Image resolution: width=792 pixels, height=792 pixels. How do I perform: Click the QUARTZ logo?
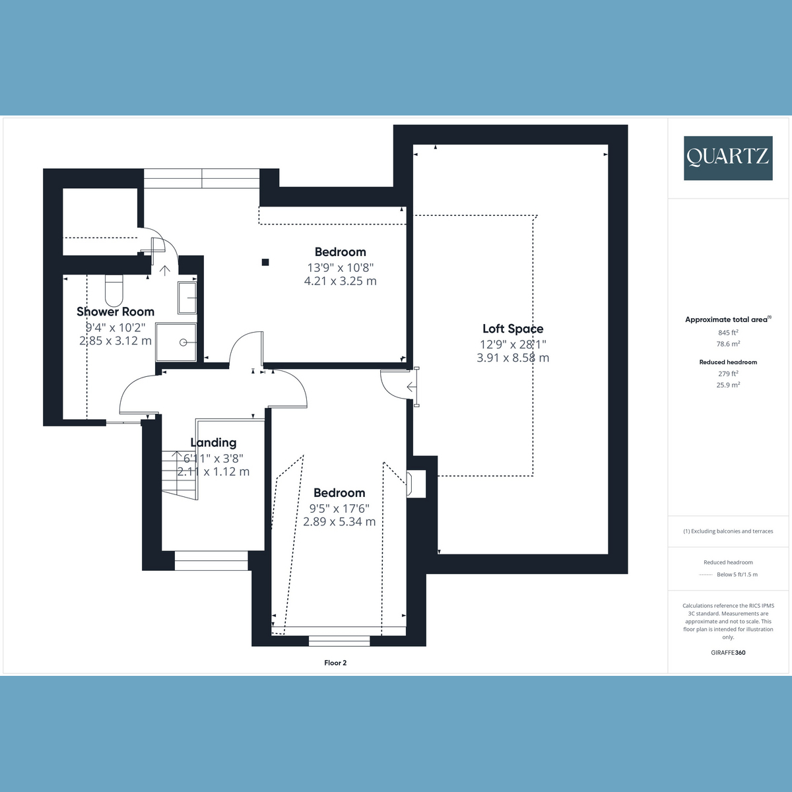728,158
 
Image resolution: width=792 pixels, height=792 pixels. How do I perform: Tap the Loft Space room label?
513,329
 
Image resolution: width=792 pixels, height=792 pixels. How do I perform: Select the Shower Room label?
115,312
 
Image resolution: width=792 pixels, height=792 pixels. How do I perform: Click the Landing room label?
213,443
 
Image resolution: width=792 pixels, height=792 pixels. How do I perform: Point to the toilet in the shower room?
114,290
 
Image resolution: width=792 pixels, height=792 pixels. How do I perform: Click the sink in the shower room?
187,298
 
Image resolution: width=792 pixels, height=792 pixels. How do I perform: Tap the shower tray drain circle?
183,343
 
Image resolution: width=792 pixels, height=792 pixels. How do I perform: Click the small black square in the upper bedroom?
265,262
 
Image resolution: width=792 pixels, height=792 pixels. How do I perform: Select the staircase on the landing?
180,475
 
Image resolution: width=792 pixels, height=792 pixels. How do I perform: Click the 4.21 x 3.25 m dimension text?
341,281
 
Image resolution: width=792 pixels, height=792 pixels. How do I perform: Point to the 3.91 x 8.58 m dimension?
513,358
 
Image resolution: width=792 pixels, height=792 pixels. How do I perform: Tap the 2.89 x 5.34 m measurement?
339,521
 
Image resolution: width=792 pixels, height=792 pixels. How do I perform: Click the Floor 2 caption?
335,663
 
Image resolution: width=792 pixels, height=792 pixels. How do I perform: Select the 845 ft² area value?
728,333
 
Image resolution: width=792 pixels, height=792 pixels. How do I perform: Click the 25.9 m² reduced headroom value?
728,385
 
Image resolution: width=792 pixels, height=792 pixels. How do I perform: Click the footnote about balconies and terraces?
728,531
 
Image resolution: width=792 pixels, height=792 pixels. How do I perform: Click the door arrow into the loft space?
411,387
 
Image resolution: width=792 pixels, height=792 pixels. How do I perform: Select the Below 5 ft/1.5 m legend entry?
737,575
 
